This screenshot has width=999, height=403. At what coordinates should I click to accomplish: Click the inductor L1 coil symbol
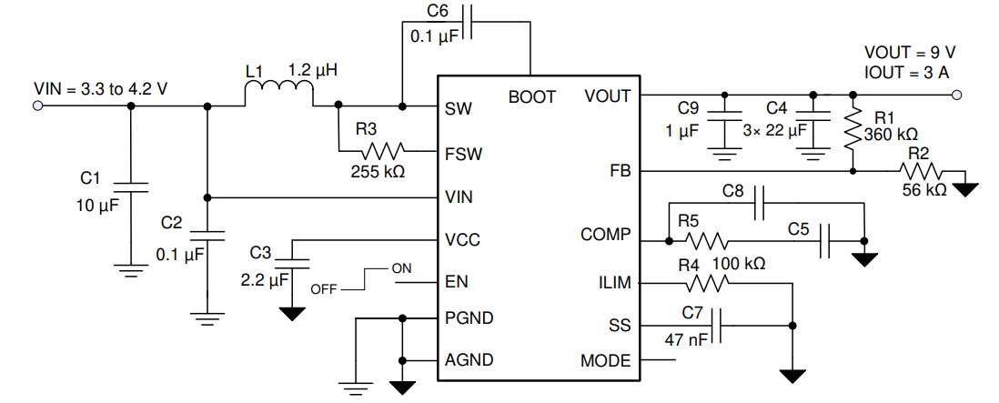(279, 94)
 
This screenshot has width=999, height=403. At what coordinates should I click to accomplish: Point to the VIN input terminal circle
(38, 106)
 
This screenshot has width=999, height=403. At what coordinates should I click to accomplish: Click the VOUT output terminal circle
(960, 95)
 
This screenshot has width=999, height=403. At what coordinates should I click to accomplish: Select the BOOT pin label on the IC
(531, 96)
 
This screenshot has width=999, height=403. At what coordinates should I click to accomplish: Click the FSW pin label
(464, 154)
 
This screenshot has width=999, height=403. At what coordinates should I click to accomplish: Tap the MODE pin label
(605, 361)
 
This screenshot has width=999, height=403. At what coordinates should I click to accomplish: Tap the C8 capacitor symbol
(759, 205)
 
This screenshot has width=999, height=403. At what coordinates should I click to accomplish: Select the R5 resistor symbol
(707, 241)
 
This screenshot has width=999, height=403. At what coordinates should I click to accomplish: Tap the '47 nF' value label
(683, 339)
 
